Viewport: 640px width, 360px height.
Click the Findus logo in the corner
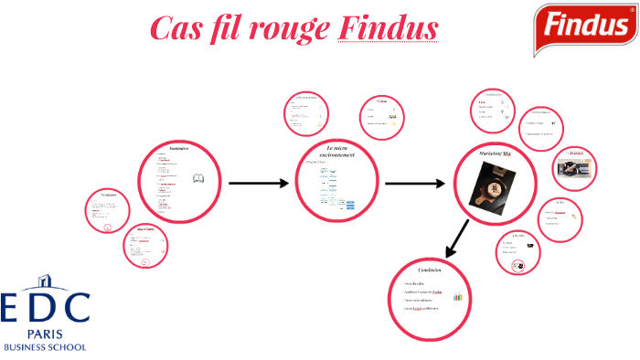pos(587,26)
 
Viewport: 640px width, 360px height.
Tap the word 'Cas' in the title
pos(174,29)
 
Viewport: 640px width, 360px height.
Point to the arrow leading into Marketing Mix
pos(416,184)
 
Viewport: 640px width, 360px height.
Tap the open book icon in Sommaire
pos(197,180)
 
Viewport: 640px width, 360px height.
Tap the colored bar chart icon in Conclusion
pos(457,297)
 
